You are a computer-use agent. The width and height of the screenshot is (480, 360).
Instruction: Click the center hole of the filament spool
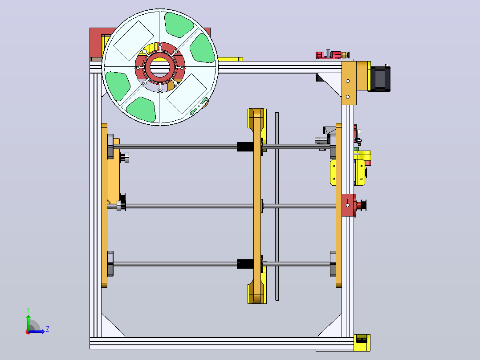tap(160, 67)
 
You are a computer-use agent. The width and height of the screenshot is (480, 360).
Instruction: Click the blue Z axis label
tap(48, 329)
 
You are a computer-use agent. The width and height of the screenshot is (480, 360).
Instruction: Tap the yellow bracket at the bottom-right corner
tap(362, 343)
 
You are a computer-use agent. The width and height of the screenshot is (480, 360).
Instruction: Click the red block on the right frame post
tap(349, 205)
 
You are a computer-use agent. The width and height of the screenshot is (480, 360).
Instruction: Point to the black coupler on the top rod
tap(245, 147)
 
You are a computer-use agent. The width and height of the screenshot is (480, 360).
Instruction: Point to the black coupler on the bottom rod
tap(245, 264)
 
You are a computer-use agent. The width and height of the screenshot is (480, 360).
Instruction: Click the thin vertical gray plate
tap(277, 206)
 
